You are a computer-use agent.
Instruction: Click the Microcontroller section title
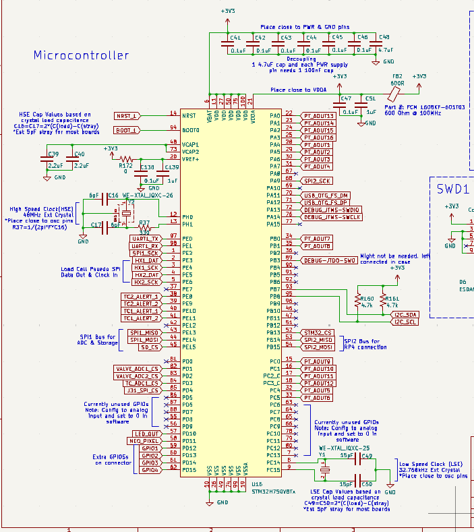click(x=81, y=55)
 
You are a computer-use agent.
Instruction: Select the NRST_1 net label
click(x=126, y=116)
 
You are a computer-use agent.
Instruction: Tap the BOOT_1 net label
click(x=126, y=129)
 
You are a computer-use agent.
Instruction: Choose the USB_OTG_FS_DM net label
click(x=326, y=195)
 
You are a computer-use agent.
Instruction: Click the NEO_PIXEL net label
click(x=146, y=441)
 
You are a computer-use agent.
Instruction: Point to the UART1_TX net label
click(x=145, y=239)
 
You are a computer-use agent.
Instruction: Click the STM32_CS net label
click(x=318, y=332)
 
